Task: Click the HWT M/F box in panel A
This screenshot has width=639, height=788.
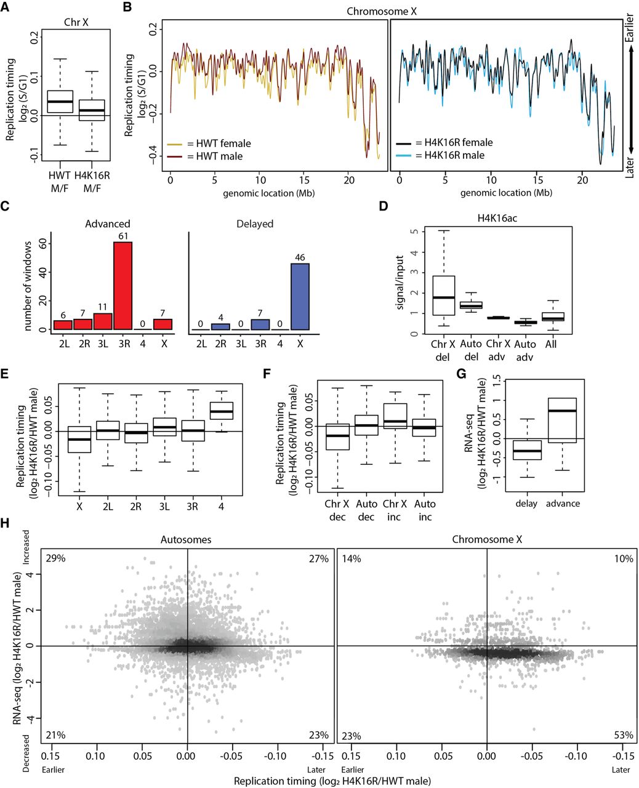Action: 60,102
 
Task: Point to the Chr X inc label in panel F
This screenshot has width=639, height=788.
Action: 394,510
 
